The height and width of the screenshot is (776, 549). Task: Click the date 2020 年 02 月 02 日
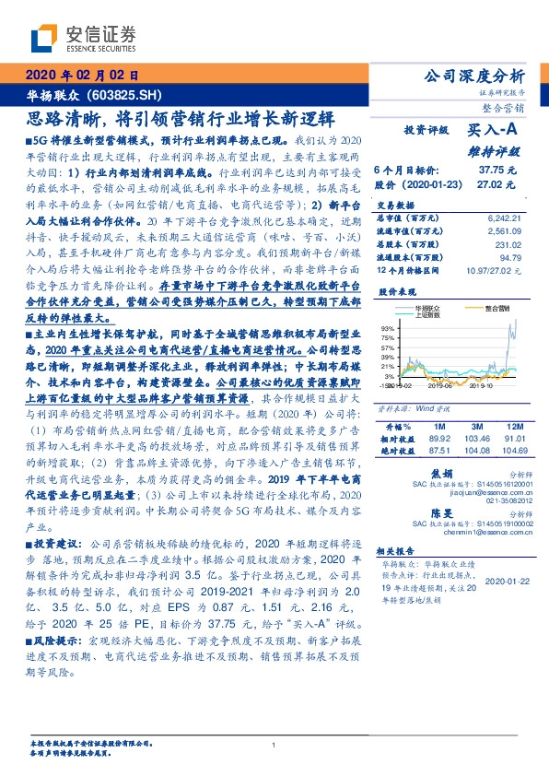[86, 75]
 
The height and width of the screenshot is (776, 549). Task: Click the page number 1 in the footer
[274, 745]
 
